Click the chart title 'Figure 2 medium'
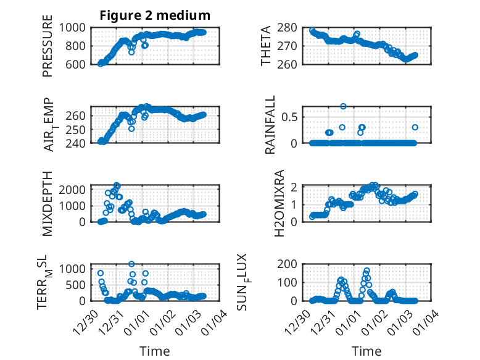click(x=155, y=15)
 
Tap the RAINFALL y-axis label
click(x=270, y=127)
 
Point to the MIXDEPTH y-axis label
click(x=48, y=203)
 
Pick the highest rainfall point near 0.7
click(x=343, y=106)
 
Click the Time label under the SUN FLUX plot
click(x=366, y=351)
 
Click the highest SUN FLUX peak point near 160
click(x=366, y=271)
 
